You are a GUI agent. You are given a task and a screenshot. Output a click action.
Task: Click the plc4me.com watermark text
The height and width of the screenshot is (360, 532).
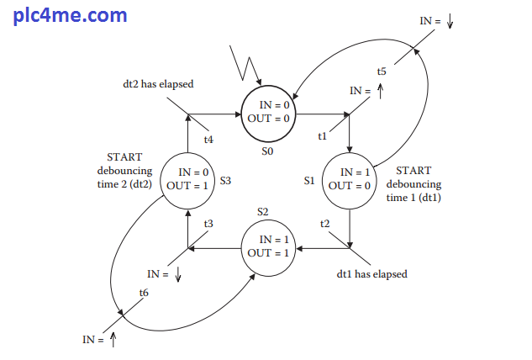click(x=71, y=15)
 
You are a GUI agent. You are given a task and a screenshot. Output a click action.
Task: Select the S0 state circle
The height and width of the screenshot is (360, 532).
click(x=269, y=114)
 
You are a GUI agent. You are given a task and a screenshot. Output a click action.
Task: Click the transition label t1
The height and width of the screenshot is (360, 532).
click(x=322, y=136)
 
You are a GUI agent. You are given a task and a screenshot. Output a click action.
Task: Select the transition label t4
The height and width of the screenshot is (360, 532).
click(x=208, y=140)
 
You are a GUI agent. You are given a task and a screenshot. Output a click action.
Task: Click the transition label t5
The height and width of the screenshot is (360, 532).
click(x=382, y=71)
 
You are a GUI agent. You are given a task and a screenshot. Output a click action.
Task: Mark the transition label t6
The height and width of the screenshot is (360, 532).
click(x=144, y=292)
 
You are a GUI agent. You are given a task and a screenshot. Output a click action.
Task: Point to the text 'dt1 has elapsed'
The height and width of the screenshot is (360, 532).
click(x=371, y=273)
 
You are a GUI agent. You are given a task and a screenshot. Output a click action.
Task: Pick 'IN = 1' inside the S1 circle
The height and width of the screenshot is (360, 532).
click(x=354, y=172)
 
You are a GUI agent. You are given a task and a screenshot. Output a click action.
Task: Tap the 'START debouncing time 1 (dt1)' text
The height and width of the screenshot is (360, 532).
click(x=413, y=184)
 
